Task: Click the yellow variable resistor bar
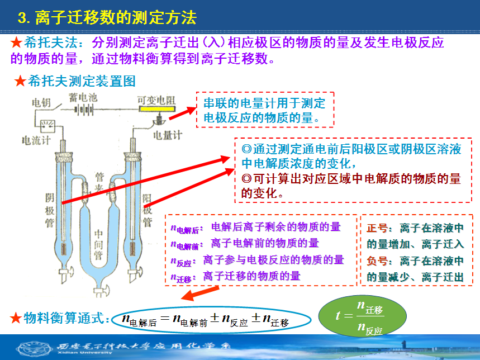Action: click(x=157, y=108)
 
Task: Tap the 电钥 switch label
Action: click(x=41, y=102)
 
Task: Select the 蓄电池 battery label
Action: click(x=83, y=97)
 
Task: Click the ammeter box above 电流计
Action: click(x=48, y=126)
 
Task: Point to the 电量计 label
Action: click(x=168, y=135)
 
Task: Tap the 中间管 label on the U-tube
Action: click(x=98, y=245)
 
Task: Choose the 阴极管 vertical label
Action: click(x=50, y=210)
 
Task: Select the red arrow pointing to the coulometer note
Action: click(x=183, y=113)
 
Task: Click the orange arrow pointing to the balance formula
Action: click(x=200, y=293)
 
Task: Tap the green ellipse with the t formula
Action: click(x=363, y=316)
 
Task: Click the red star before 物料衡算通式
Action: click(x=16, y=318)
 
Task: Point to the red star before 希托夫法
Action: click(x=16, y=42)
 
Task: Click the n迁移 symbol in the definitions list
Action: click(x=181, y=277)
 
